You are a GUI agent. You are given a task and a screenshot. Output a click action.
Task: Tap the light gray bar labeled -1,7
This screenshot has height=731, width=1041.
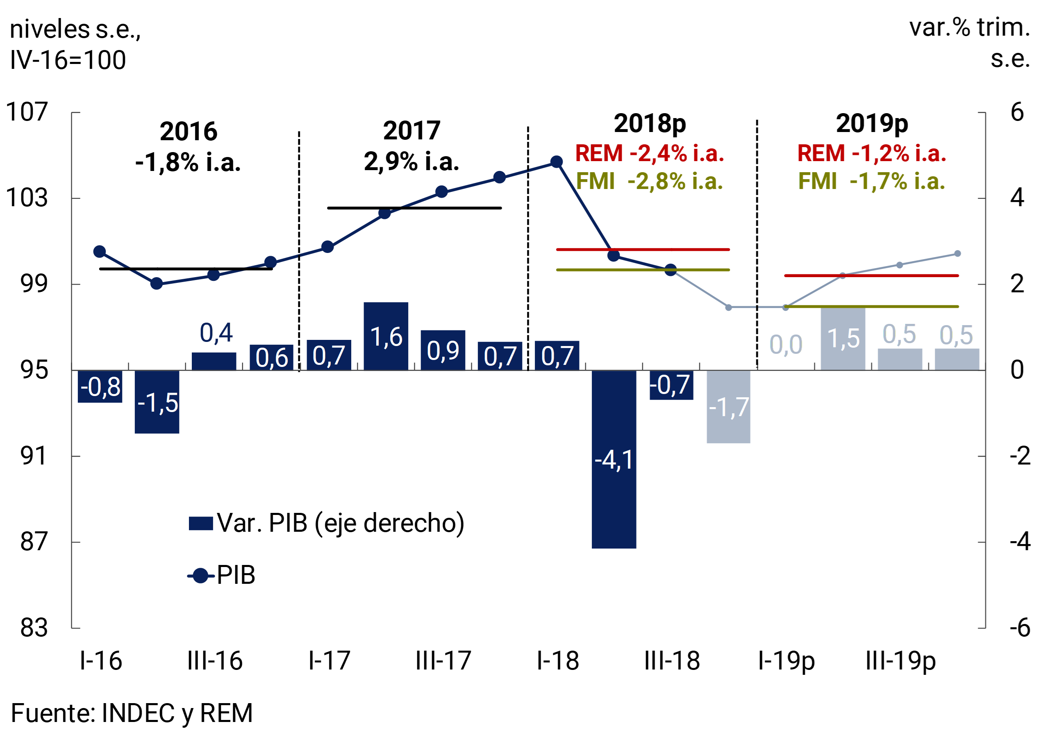click(x=728, y=406)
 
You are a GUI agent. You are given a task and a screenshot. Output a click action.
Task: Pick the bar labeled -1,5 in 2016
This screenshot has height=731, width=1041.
click(x=157, y=402)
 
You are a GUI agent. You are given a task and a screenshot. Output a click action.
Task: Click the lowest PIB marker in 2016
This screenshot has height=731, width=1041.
click(x=157, y=284)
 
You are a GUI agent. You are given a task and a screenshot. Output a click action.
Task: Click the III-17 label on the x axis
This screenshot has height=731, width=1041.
click(x=443, y=661)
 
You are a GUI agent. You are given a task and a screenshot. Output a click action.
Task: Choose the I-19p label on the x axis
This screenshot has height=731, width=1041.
click(x=786, y=661)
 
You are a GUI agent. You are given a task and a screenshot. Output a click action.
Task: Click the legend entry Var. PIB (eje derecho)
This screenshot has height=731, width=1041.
click(x=327, y=523)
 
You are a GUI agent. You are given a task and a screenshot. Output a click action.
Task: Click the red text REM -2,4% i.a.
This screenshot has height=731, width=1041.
click(x=649, y=153)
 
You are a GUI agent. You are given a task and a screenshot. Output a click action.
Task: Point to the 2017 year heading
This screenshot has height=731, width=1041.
click(x=411, y=131)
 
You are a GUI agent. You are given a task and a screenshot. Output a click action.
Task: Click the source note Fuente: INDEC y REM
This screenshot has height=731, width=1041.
click(x=132, y=713)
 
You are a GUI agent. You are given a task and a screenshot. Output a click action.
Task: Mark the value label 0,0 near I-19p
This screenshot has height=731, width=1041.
click(x=786, y=345)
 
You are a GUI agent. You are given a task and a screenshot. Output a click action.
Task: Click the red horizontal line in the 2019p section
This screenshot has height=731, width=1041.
click(x=871, y=275)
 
